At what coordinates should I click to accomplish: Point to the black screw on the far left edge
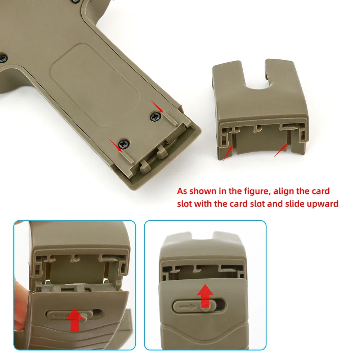pyautogui.click(x=4, y=57)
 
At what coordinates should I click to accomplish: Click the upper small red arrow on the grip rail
pyautogui.click(x=157, y=107)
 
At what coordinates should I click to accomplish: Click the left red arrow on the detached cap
pyautogui.click(x=226, y=153)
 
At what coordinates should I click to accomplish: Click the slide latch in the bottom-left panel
pyautogui.click(x=74, y=315)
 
